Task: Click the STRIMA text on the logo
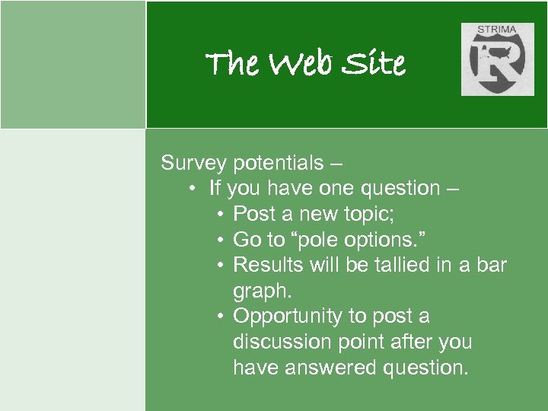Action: pyautogui.click(x=497, y=30)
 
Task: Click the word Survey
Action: pyautogui.click(x=193, y=163)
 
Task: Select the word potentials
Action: pyautogui.click(x=278, y=163)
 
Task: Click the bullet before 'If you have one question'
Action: pyautogui.click(x=195, y=189)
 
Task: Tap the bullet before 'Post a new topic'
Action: pyautogui.click(x=219, y=215)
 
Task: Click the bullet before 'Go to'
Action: pyautogui.click(x=219, y=241)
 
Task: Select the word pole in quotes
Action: pyautogui.click(x=319, y=241)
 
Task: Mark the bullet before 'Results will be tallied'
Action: pyautogui.click(x=219, y=266)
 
